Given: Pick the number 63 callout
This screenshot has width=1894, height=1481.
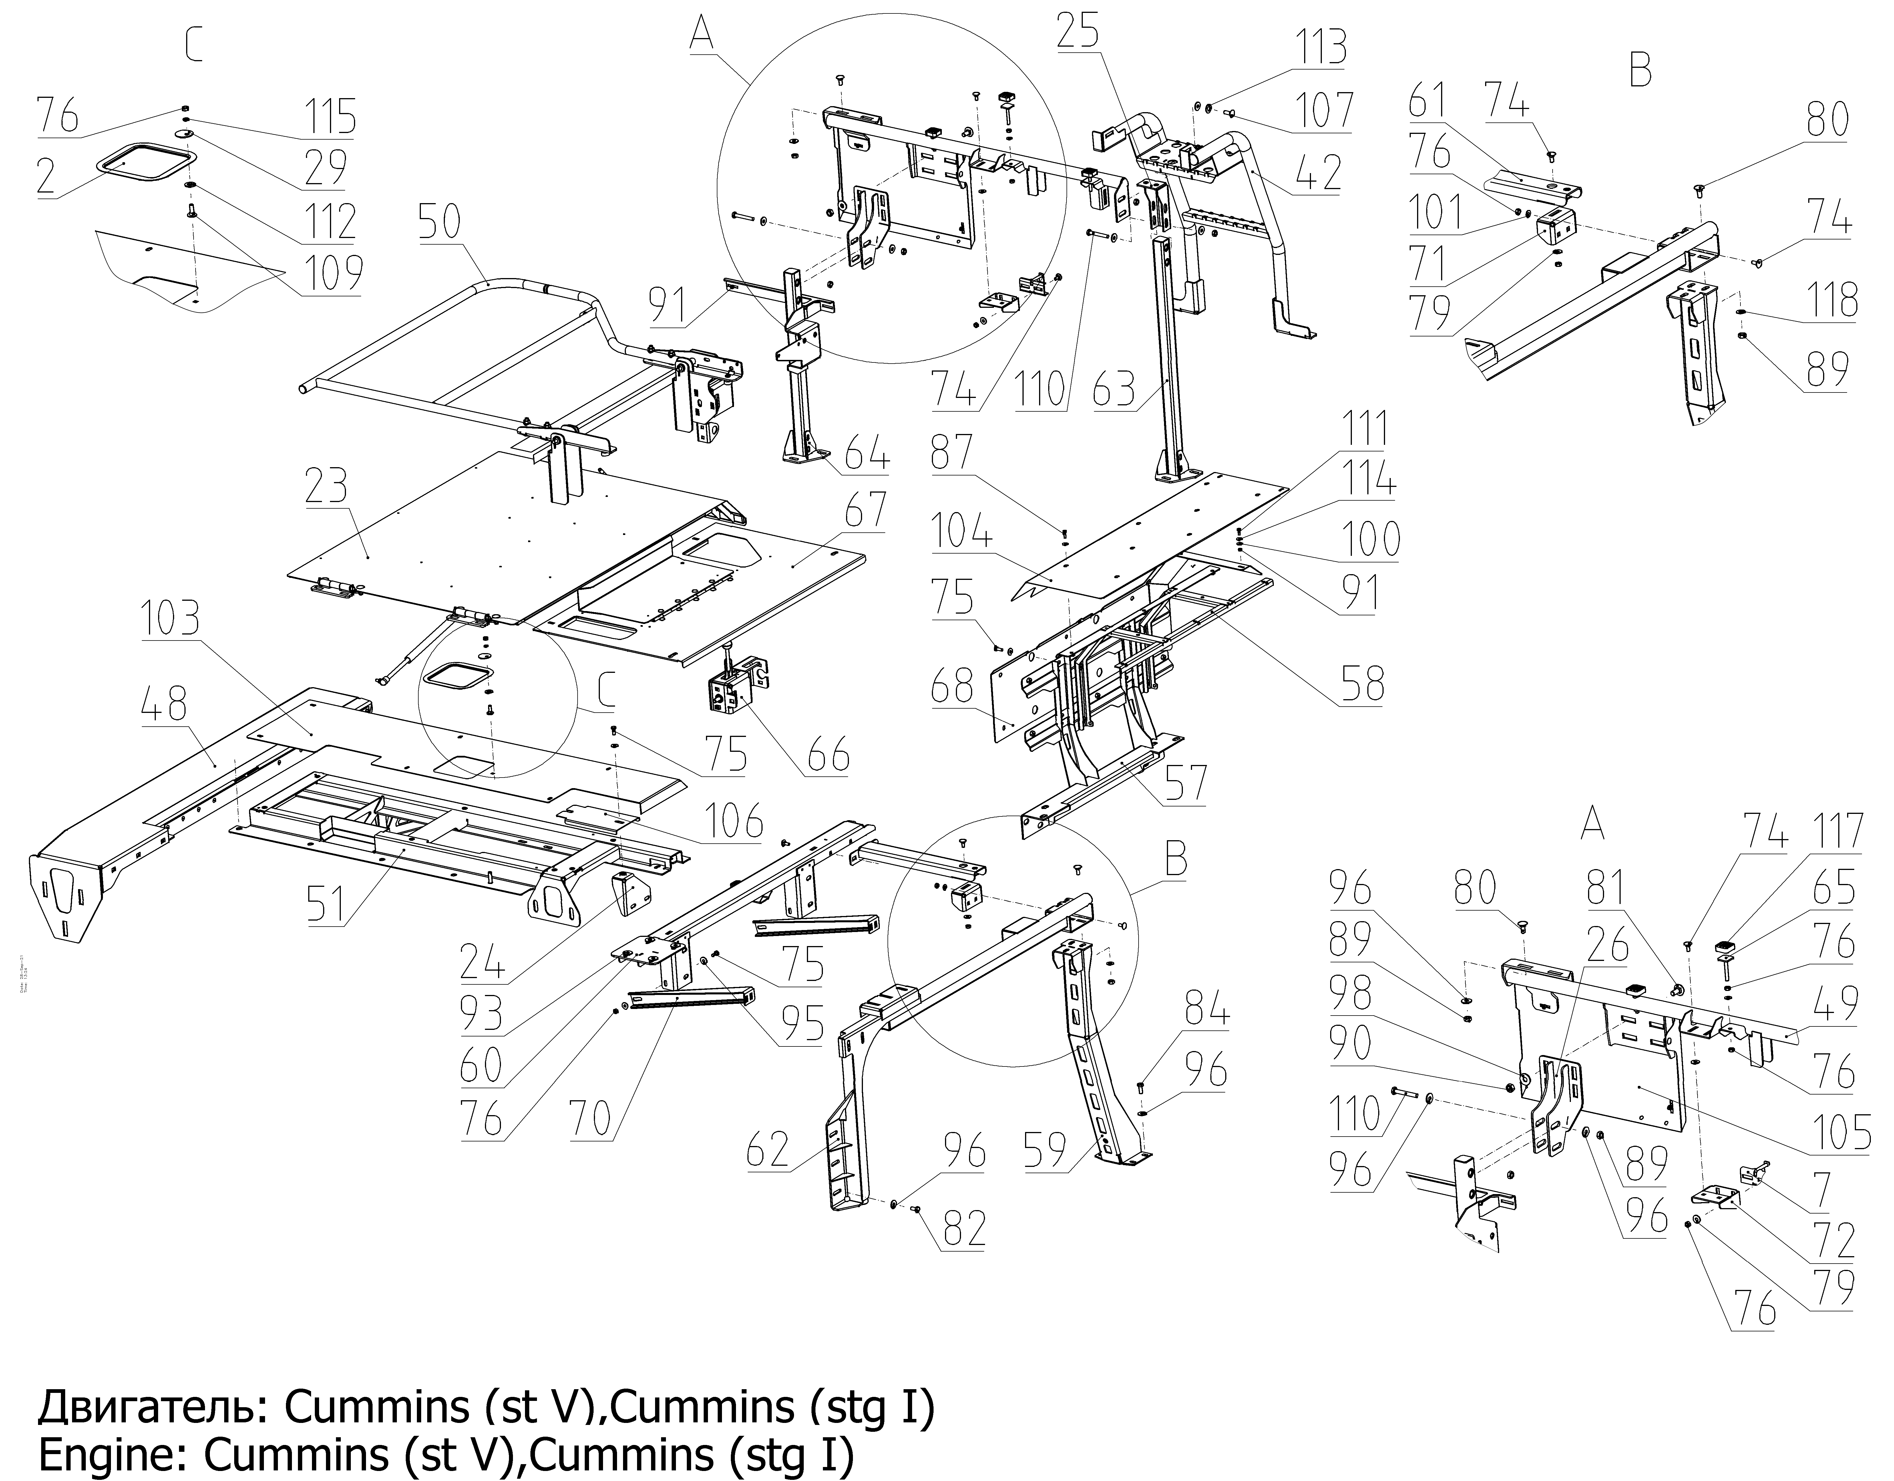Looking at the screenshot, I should pos(1113,390).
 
